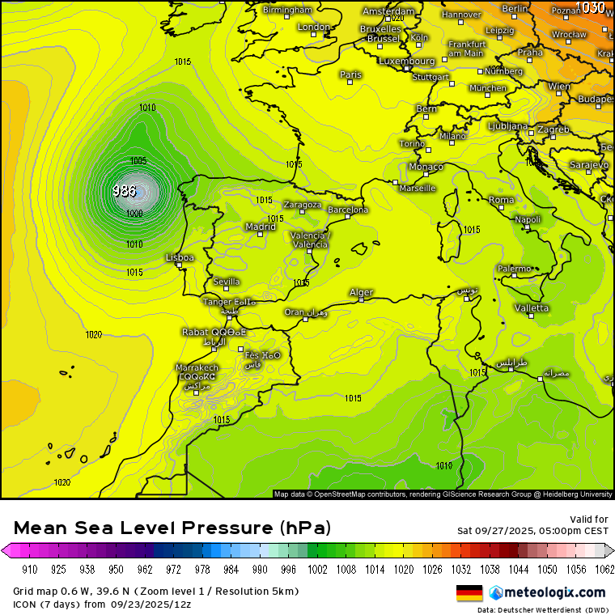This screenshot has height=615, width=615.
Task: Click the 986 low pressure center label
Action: coord(125,191)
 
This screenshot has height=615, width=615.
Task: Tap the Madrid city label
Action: coord(261,227)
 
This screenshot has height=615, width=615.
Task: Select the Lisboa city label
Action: coord(180,257)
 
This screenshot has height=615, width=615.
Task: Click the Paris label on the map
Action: coord(350,74)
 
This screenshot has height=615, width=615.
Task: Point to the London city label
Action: coord(314,27)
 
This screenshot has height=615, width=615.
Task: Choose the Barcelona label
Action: coord(348,210)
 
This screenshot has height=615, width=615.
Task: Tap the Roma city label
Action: coord(501,199)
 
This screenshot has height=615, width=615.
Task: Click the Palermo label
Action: coord(514,269)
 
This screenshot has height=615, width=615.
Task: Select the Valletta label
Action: coord(531,307)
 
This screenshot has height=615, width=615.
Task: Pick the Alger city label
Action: coord(361,292)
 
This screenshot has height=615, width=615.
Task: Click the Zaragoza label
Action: coord(302,205)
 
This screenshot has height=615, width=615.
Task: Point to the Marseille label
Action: coord(418,188)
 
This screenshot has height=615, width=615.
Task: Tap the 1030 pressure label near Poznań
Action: coord(592,7)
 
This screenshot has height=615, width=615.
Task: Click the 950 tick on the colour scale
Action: coord(117,569)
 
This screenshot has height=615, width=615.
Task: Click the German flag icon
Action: coord(469,592)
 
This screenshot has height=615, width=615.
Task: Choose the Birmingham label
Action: coord(287,10)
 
